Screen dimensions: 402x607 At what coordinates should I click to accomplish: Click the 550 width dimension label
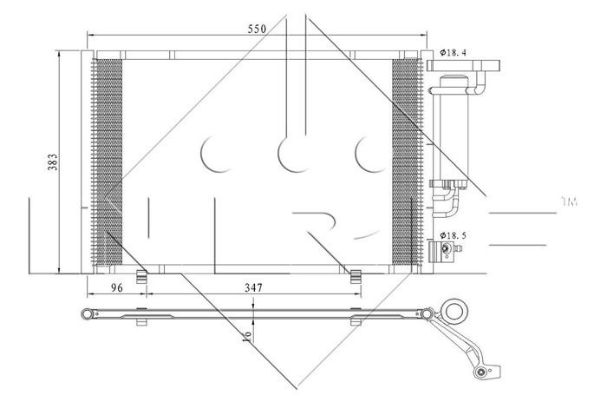point(257,29)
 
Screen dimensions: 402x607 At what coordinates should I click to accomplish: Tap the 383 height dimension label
point(52,161)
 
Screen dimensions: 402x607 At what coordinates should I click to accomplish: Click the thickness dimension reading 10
point(248,335)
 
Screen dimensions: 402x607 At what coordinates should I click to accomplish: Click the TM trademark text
point(569,201)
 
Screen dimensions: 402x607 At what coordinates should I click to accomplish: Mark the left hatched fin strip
point(108,161)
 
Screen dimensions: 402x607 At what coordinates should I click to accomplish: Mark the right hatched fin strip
point(405,161)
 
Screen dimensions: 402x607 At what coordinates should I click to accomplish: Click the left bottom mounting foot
point(144,277)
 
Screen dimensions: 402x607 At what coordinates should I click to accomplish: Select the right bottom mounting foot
point(355,277)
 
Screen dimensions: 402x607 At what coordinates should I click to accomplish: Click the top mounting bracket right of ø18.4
point(487,63)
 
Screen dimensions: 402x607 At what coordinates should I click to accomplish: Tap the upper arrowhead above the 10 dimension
point(251,303)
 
